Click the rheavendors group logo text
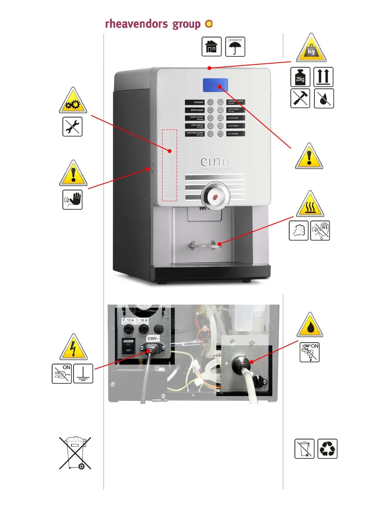tap(153, 24)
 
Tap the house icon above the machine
tap(211, 47)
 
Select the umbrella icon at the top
tap(235, 47)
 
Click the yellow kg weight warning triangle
tap(311, 49)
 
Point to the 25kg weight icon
tap(300, 77)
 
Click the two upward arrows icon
tap(323, 77)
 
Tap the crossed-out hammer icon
tap(300, 98)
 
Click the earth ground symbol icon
tap(83, 374)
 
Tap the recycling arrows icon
tap(327, 449)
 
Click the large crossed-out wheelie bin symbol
tap(75, 453)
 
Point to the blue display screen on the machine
tap(215, 85)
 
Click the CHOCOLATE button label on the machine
tap(235, 118)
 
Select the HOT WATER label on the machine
tap(235, 134)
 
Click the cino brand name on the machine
tap(215, 162)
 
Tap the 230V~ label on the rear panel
tap(153, 338)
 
